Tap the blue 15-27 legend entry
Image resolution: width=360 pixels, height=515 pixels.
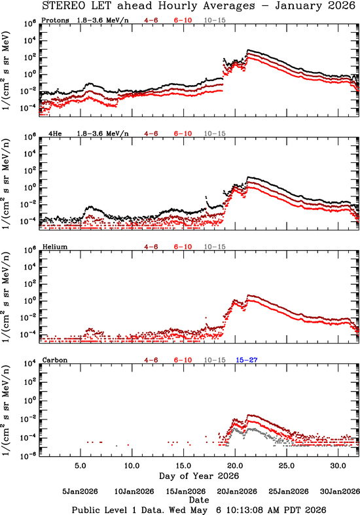246,360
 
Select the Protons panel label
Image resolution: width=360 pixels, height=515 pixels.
55,20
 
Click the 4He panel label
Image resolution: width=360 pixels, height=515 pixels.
55,133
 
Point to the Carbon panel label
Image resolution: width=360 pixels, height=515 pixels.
55,360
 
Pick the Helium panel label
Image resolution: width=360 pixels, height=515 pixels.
55,247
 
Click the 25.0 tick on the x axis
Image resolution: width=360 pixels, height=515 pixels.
287,466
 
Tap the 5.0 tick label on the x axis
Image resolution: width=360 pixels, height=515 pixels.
81,466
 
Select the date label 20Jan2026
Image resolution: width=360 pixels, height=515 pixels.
237,491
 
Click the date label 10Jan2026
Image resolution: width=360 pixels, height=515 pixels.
134,491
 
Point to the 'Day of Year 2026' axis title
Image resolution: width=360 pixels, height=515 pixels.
199,476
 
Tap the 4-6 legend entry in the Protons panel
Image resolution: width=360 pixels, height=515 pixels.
151,20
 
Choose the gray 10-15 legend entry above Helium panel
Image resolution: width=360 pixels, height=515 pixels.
215,247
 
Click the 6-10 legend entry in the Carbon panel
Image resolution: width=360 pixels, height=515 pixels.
183,360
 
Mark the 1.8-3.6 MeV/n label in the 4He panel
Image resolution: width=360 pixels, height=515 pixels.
103,133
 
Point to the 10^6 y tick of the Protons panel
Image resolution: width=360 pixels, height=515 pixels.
30,24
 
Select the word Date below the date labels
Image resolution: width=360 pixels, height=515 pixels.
199,500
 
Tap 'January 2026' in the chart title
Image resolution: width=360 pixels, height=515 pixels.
315,6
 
